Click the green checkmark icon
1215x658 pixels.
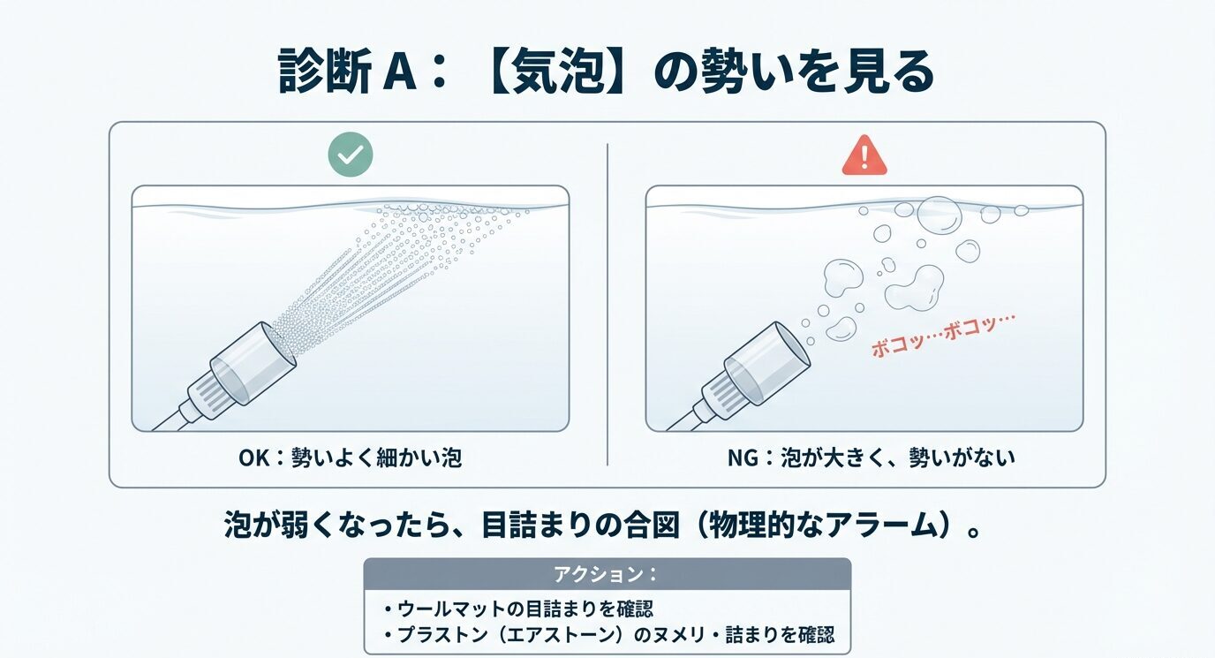351,155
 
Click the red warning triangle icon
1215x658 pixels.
864,155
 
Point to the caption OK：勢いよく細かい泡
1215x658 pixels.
350,458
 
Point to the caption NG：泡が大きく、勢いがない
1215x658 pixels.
864,458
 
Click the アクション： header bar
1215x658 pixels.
607,573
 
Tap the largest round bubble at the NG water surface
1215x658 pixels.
939,214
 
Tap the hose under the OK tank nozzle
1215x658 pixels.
168,422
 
